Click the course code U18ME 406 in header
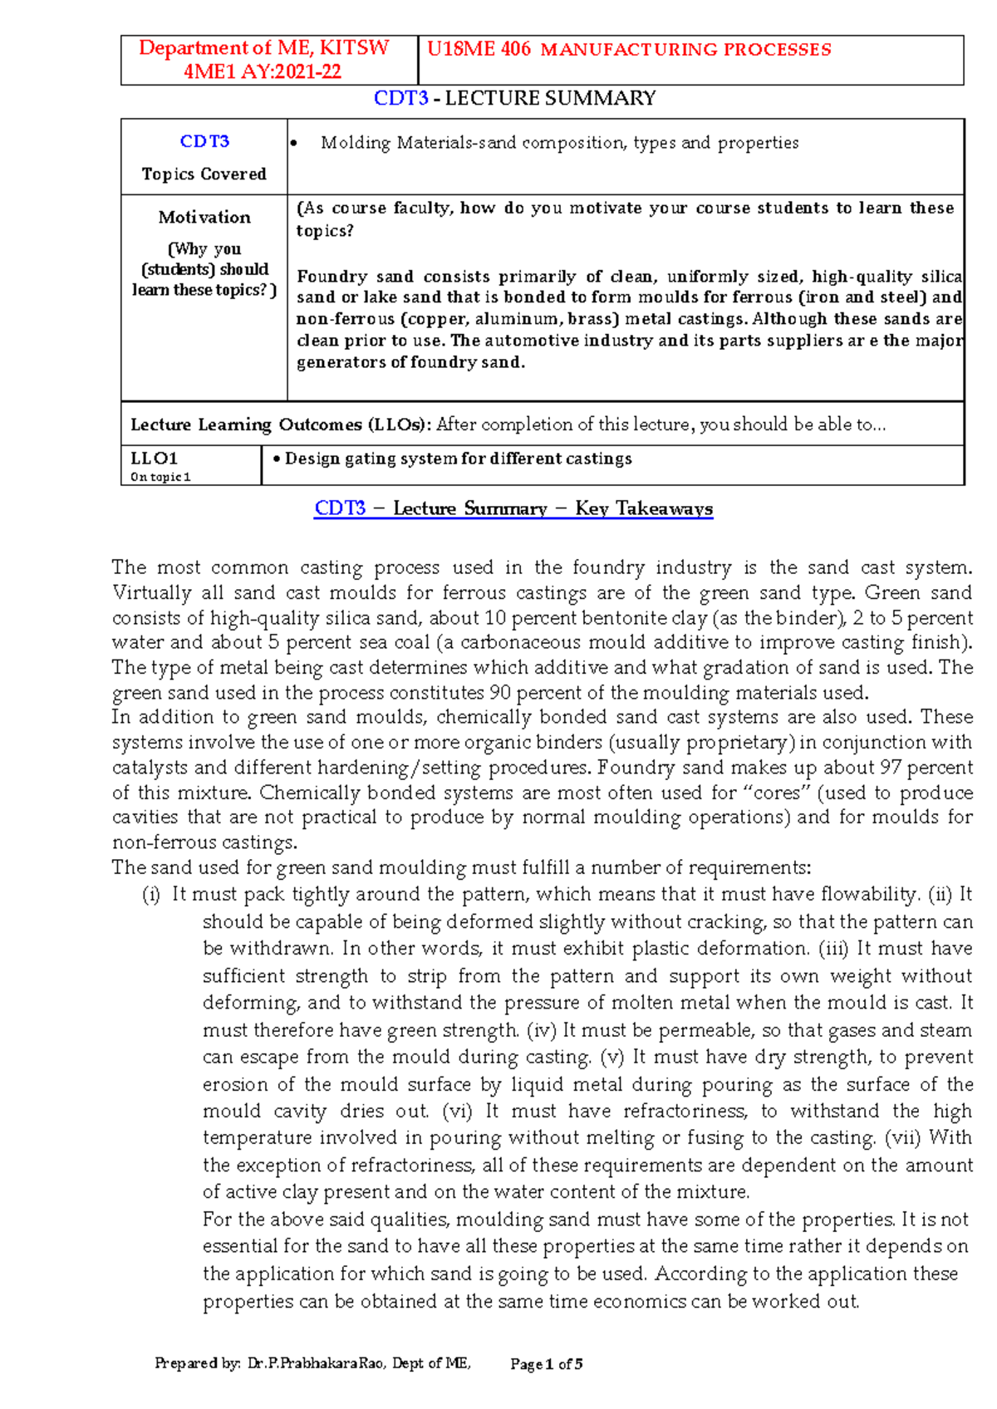479,49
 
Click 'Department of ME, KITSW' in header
263,48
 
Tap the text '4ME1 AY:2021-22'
263,71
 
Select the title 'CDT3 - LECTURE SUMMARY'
514,98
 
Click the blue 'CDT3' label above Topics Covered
204,141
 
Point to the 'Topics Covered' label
204,174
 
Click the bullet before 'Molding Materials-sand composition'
293,144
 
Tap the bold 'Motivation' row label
204,217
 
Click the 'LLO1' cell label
155,458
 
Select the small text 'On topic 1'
160,477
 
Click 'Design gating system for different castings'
458,459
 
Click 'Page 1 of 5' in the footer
546,1363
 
